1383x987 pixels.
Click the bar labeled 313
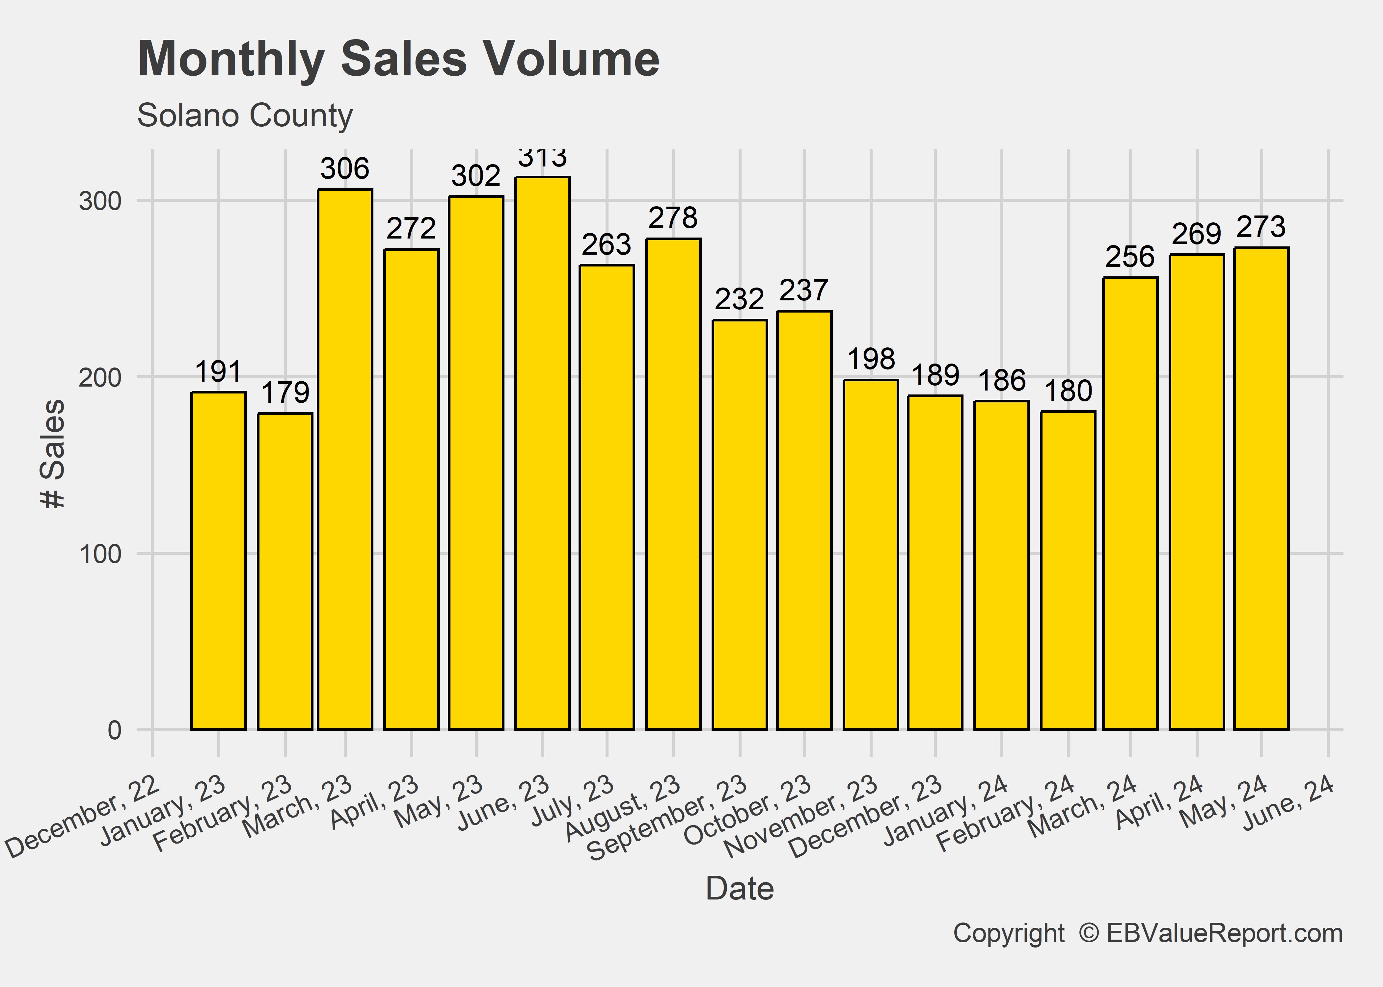tap(542, 453)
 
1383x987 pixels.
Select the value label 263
tap(606, 245)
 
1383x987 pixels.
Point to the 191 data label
tap(218, 371)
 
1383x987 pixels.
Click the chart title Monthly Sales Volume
tap(398, 59)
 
